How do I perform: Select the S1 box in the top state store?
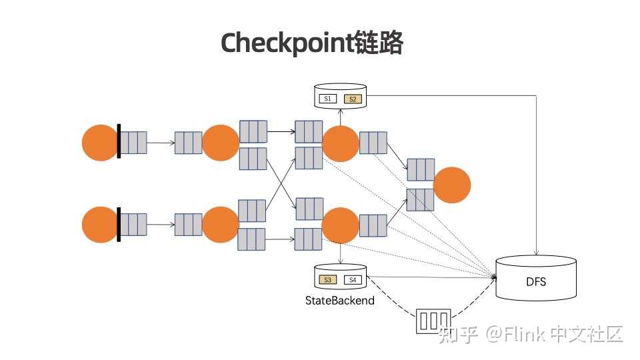pyautogui.click(x=327, y=99)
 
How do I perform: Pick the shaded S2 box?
pyautogui.click(x=353, y=99)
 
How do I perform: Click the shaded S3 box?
pyautogui.click(x=327, y=279)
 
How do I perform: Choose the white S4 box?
pyautogui.click(x=353, y=279)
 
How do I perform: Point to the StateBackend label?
pyautogui.click(x=339, y=301)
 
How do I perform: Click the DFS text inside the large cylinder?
pyautogui.click(x=535, y=282)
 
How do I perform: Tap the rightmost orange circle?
pyautogui.click(x=452, y=185)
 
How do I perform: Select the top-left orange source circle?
pyautogui.click(x=100, y=143)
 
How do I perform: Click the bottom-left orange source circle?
pyautogui.click(x=100, y=225)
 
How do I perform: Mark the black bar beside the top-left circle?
pyautogui.click(x=119, y=141)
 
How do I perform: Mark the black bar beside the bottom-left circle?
pyautogui.click(x=119, y=225)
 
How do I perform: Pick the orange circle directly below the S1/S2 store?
pyautogui.click(x=340, y=143)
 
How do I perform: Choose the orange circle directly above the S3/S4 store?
pyautogui.click(x=340, y=225)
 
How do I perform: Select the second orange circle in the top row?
pyautogui.click(x=221, y=143)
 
